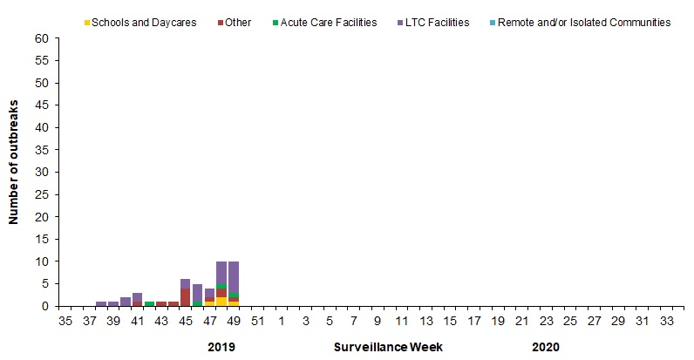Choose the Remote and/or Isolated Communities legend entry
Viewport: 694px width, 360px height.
click(x=583, y=22)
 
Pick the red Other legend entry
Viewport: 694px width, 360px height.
click(x=237, y=22)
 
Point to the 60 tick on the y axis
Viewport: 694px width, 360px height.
click(x=42, y=38)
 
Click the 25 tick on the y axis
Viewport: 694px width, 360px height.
click(x=42, y=194)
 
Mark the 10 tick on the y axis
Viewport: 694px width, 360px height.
click(x=42, y=262)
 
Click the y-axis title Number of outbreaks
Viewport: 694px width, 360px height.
click(x=15, y=172)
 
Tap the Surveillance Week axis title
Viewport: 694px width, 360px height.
click(x=388, y=347)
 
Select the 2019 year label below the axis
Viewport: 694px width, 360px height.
click(x=221, y=347)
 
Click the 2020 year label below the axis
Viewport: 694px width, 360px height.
click(x=545, y=347)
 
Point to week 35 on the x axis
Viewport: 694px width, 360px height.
click(x=65, y=321)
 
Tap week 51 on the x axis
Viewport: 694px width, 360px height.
click(x=258, y=321)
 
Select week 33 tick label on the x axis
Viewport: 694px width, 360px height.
click(x=667, y=321)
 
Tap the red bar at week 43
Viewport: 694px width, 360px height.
click(x=161, y=303)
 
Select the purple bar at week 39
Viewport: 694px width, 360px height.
click(x=113, y=303)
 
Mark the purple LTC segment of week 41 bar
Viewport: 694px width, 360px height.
click(x=137, y=296)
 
